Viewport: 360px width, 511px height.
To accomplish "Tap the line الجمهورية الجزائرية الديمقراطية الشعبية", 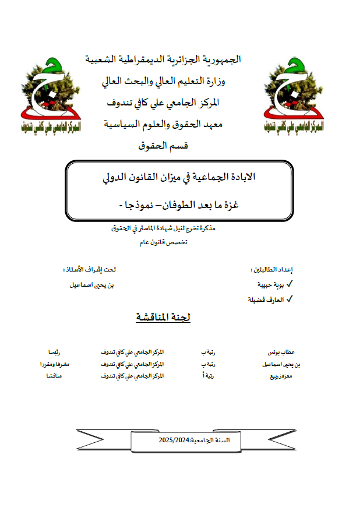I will click(163, 59).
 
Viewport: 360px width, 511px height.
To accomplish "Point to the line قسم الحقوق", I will click(163, 146).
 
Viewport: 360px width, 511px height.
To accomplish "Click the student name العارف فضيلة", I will click(266, 299).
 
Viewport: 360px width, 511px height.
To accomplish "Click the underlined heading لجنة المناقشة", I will click(163, 318).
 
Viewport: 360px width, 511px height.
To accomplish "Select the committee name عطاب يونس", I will click(282, 353).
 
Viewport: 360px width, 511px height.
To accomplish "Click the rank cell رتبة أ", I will click(207, 376).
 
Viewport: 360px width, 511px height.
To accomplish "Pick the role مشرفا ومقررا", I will click(55, 364).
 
